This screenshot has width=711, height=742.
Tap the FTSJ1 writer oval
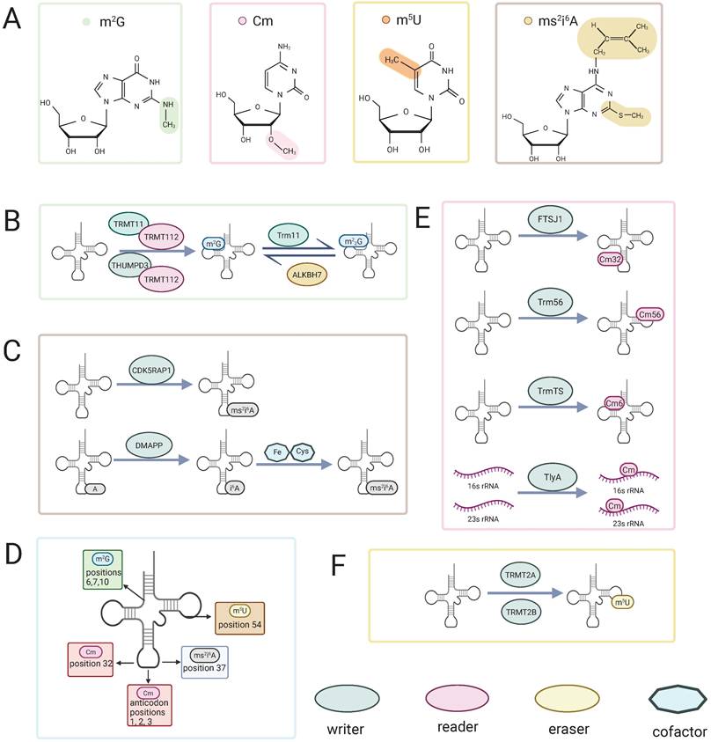point(539,239)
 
